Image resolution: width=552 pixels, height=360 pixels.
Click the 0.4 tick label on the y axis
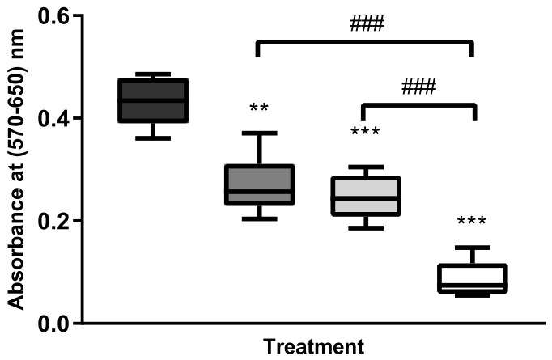(49, 118)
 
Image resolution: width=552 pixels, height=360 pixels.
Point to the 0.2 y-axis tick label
(49, 221)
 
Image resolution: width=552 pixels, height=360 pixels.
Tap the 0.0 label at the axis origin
(49, 324)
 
